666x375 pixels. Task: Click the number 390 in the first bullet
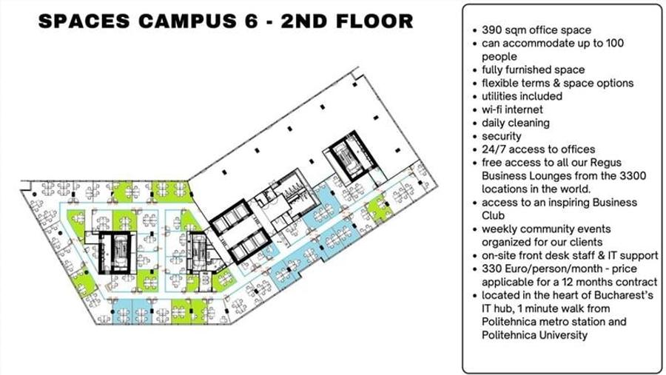point(492,30)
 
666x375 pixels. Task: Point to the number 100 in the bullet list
point(613,44)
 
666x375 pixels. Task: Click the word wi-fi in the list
point(495,109)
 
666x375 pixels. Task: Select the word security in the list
point(502,136)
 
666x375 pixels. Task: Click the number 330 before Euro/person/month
point(492,268)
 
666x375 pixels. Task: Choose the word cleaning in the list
point(528,123)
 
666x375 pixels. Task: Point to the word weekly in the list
point(500,229)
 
